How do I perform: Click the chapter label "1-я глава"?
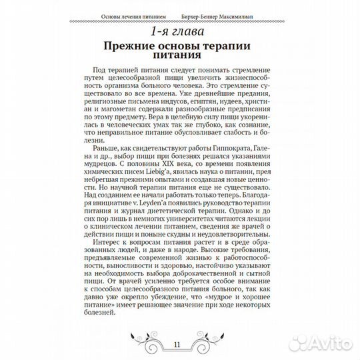(180, 32)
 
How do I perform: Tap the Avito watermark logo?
(323, 341)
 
